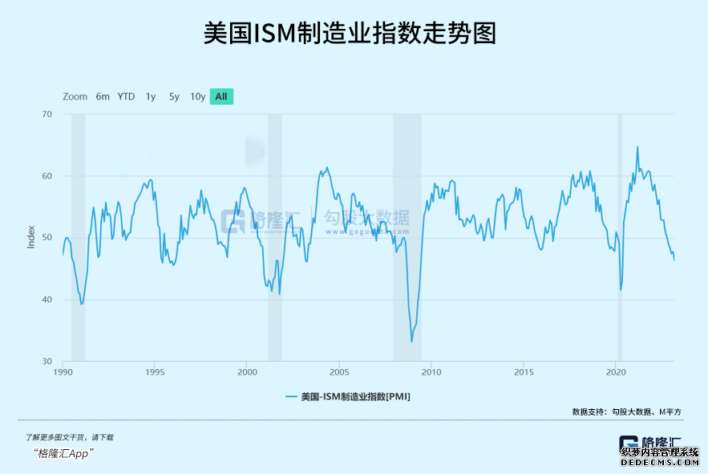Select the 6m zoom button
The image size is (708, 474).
click(103, 96)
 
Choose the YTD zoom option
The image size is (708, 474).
click(126, 96)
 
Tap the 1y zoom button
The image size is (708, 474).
click(151, 96)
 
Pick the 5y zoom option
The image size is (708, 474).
click(174, 96)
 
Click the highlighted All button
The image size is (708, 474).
click(221, 96)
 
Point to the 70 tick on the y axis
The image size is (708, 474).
click(47, 114)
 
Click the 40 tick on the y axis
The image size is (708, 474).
click(47, 299)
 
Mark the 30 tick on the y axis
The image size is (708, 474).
click(47, 361)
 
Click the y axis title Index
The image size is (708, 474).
click(31, 238)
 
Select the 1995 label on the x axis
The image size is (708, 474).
click(156, 372)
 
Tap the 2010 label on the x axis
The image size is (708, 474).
click(431, 372)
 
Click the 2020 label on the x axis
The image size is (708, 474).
click(615, 372)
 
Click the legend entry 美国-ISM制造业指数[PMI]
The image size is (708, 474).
click(348, 396)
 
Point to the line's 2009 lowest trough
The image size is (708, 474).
click(412, 342)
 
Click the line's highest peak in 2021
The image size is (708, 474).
click(637, 147)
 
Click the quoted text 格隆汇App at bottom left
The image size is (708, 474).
click(63, 452)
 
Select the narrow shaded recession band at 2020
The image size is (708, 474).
click(619, 237)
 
